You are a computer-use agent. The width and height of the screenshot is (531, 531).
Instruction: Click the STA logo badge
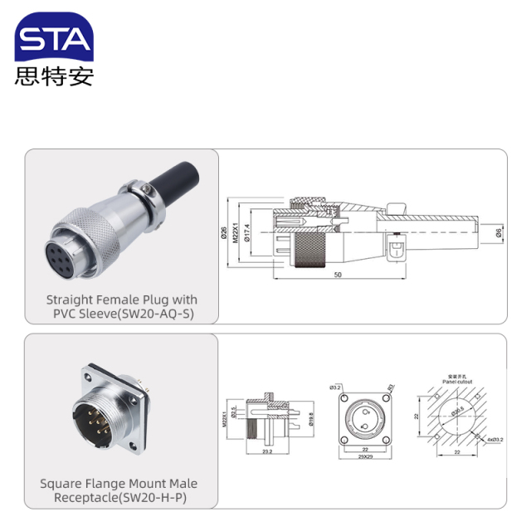tap(54, 39)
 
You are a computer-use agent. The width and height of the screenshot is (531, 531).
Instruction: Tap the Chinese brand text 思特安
tap(54, 76)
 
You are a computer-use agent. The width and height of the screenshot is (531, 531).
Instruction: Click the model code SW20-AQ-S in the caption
tap(158, 314)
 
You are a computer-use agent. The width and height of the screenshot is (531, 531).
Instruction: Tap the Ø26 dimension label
tap(225, 234)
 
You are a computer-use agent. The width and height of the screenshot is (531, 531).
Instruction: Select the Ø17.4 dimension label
tap(248, 234)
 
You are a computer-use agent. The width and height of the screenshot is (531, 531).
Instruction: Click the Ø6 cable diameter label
tap(498, 233)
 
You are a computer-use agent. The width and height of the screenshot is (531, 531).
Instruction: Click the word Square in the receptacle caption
tap(61, 484)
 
